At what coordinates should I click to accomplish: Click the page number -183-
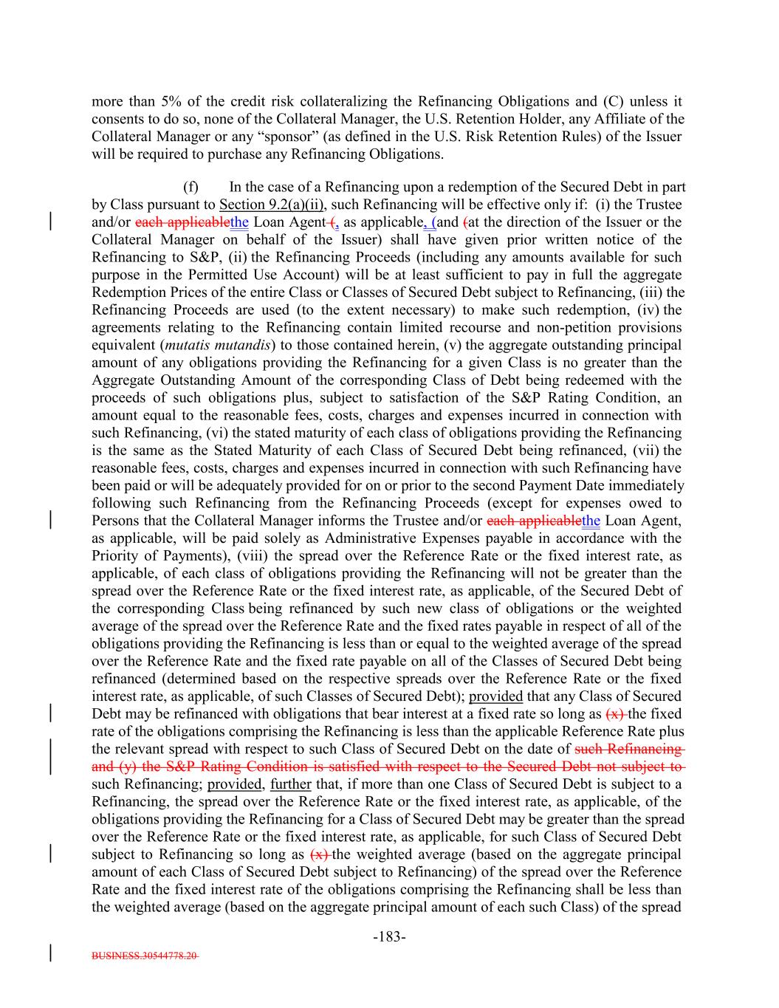(x=389, y=937)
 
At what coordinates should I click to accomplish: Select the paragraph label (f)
(x=191, y=187)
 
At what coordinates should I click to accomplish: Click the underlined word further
(x=291, y=784)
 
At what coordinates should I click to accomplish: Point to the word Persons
(x=115, y=521)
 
